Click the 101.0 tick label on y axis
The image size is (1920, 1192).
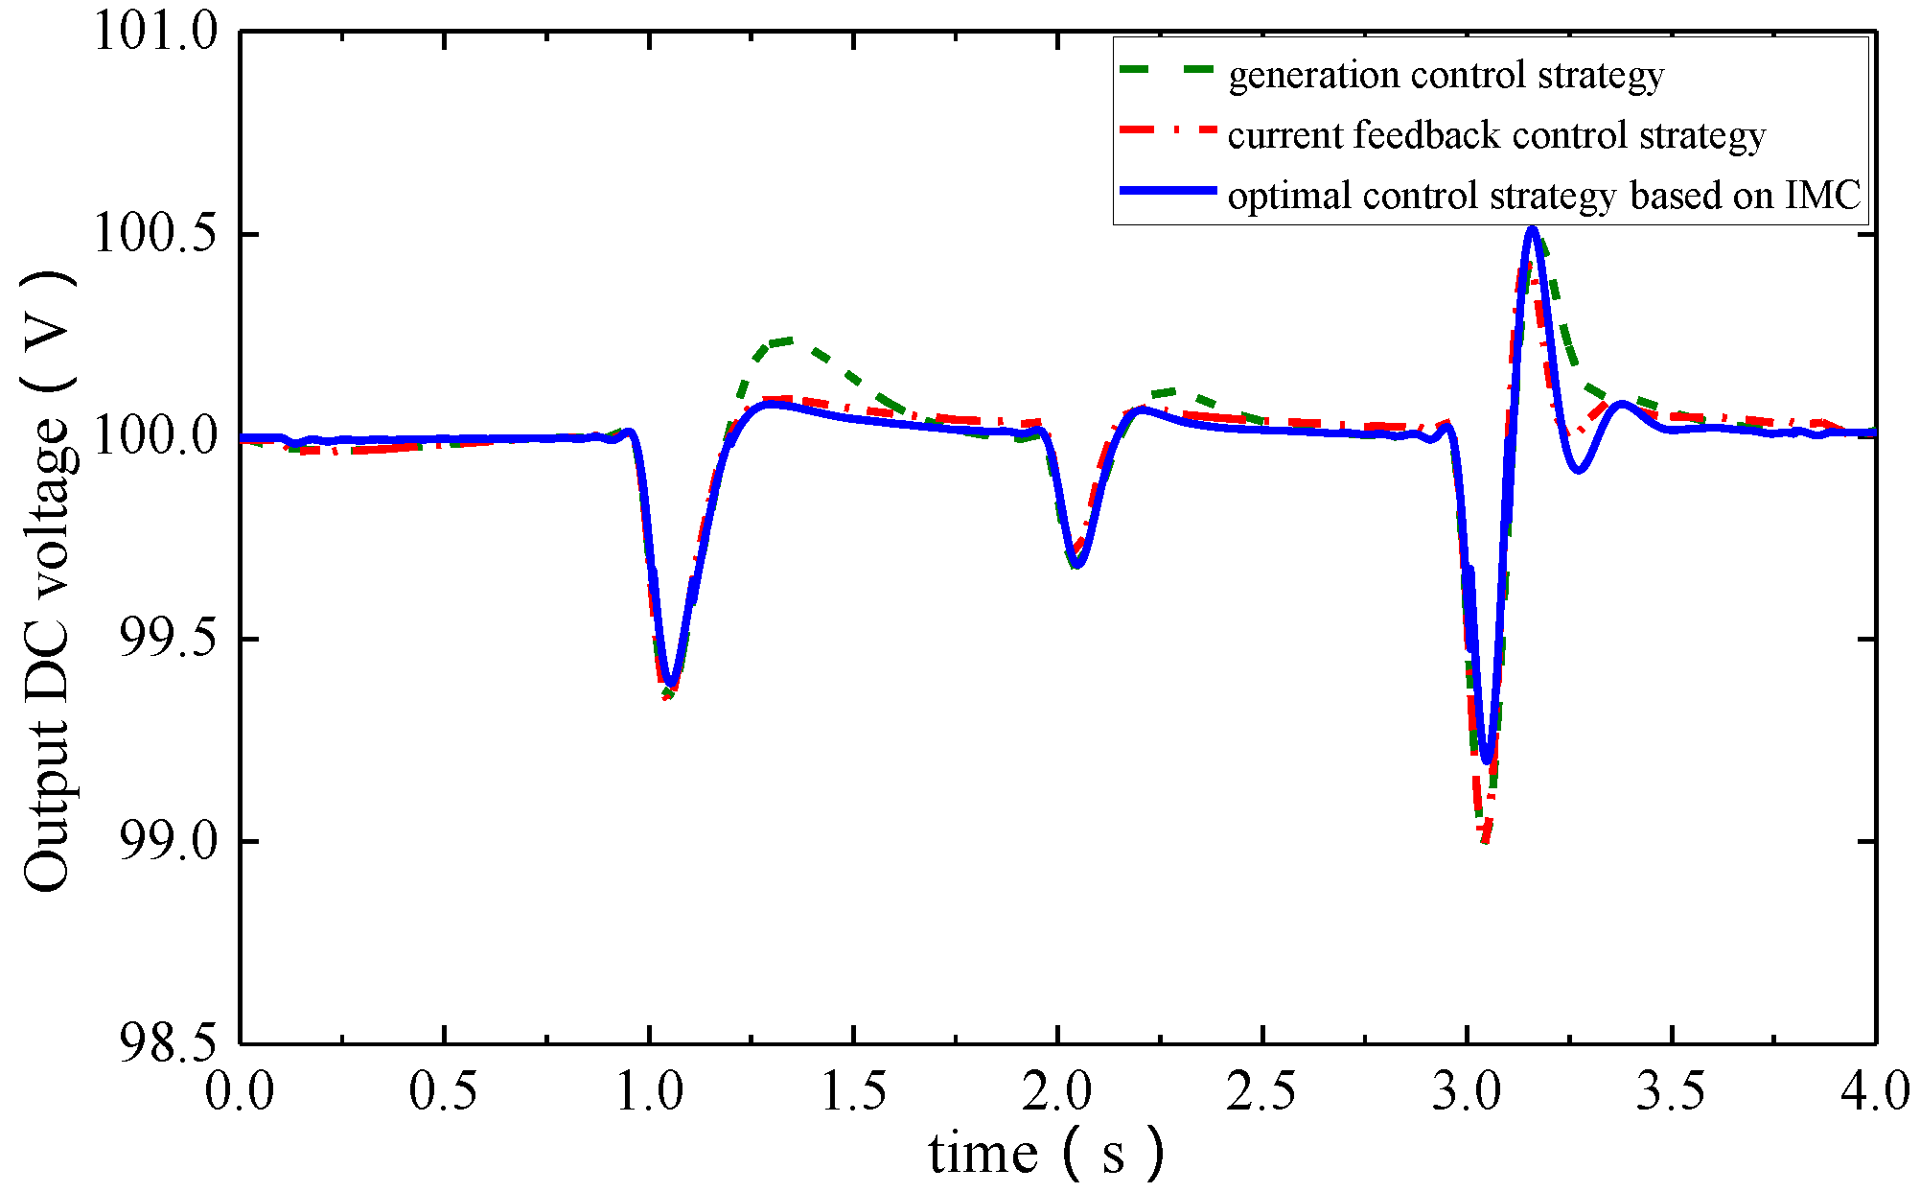[x=155, y=32]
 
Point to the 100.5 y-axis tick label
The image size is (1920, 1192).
[x=155, y=234]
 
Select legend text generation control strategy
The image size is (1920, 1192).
[x=1446, y=75]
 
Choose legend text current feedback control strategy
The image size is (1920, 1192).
[x=1496, y=135]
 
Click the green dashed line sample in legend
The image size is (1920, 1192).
[x=1167, y=72]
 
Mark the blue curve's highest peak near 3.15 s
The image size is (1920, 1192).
[x=1532, y=229]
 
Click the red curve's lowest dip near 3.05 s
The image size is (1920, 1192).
[x=1485, y=841]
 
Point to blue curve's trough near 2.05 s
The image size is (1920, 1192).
[x=1076, y=565]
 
